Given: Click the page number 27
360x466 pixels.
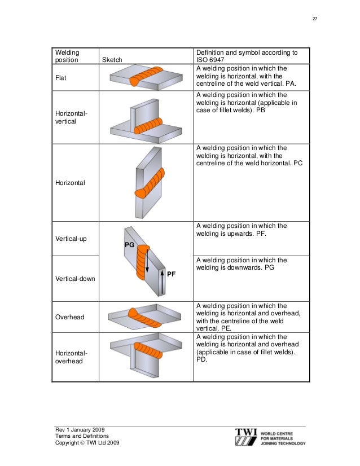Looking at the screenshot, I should pyautogui.click(x=315, y=20).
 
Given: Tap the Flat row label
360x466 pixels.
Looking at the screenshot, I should pyautogui.click(x=61, y=78).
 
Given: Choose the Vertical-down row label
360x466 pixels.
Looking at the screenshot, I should pyautogui.click(x=74, y=279).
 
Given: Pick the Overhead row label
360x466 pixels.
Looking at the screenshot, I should pyautogui.click(x=69, y=317).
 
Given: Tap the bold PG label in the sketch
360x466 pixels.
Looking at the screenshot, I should pyautogui.click(x=129, y=245).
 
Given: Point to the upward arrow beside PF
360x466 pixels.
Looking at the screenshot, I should pyautogui.click(x=162, y=282).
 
